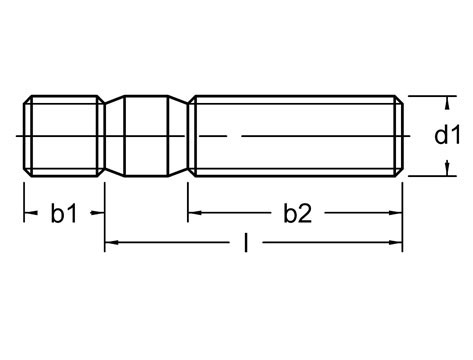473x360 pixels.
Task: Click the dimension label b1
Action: pos(64,213)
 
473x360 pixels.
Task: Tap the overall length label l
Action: pos(245,243)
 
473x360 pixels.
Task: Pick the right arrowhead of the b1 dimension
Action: pos(100,213)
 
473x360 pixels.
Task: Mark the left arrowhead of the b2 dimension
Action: pos(193,213)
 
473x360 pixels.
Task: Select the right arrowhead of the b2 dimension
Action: pos(400,213)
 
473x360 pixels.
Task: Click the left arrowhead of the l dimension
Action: pos(111,243)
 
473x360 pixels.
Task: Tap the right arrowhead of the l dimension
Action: pos(400,243)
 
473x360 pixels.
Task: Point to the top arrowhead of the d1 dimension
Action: pos(440,100)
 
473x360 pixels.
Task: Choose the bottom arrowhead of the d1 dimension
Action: pos(440,172)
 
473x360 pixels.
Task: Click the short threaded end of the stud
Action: pos(62,136)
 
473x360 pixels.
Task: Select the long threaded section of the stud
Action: pos(295,136)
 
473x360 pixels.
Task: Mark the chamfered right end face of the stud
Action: pos(402,136)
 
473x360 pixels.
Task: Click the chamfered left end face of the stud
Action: pos(24,136)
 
